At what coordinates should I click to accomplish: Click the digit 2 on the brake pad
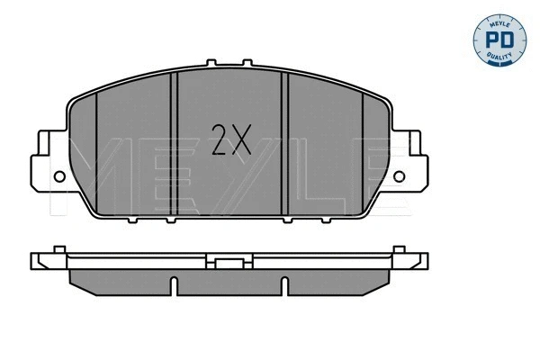[x=220, y=139]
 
